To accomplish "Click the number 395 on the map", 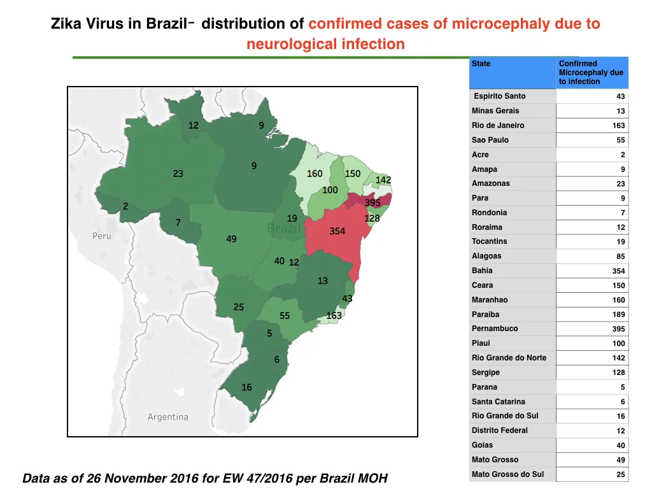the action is [372, 202].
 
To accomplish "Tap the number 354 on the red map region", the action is [337, 231].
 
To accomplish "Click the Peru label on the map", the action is [102, 236].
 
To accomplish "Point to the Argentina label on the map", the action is [168, 416].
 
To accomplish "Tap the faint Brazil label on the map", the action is [283, 228].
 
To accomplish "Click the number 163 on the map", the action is [334, 316].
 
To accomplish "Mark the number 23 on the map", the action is [178, 173].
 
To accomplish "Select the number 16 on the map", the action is [246, 387].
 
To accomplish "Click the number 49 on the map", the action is [231, 239].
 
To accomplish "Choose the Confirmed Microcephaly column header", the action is [592, 73].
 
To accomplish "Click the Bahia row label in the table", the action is [482, 271].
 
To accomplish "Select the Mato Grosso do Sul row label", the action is [507, 474].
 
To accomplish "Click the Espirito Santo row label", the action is [499, 96].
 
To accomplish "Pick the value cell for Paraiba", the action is [592, 315].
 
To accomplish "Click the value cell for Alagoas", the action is [592, 256].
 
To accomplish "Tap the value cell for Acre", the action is [592, 155].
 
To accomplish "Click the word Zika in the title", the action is [66, 24].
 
